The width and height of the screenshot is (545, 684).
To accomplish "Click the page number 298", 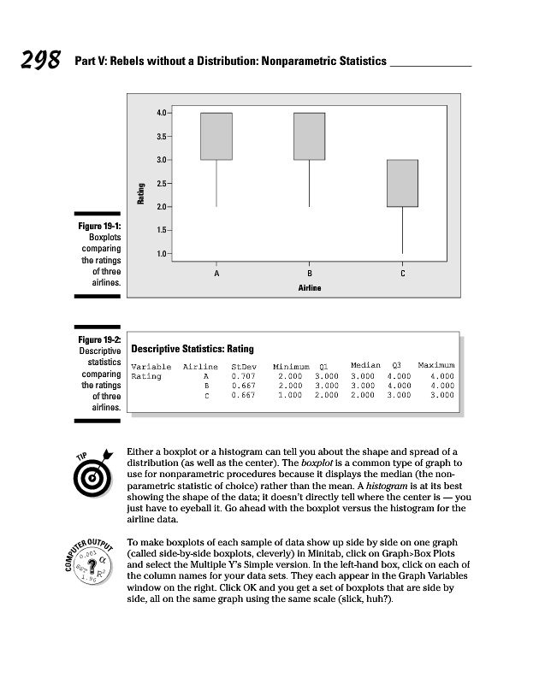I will [37, 61].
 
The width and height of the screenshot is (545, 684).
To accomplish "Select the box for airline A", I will [216, 136].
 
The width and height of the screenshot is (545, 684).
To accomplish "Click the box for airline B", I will [309, 136].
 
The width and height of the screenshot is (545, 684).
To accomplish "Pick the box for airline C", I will [402, 183].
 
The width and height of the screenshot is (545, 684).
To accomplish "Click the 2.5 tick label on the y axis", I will [162, 183].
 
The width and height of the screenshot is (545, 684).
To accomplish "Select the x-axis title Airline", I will [309, 288].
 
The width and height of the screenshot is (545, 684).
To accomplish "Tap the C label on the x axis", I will [402, 273].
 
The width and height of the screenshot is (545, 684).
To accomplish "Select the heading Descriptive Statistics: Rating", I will [193, 349].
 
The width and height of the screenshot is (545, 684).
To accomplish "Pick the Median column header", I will [365, 366].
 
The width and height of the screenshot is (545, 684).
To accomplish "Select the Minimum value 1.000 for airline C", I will [290, 396].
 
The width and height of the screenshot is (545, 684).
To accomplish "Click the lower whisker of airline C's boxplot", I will [402, 230].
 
